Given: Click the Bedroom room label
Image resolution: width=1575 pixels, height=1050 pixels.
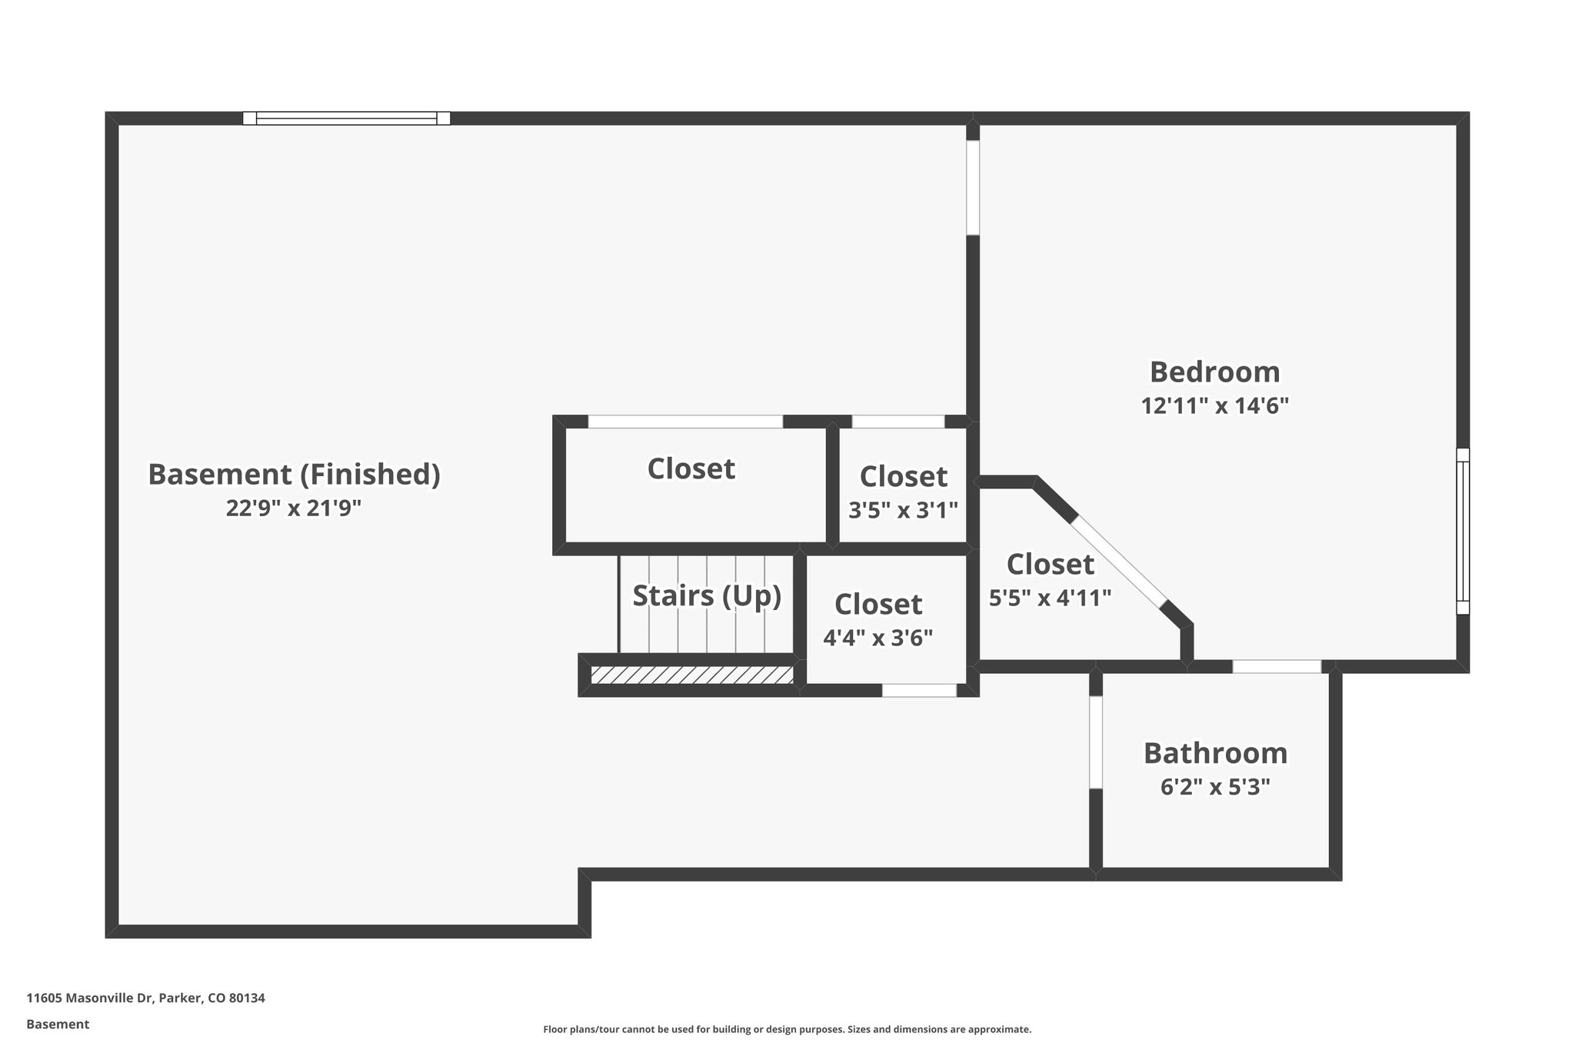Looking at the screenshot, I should pos(1214,372).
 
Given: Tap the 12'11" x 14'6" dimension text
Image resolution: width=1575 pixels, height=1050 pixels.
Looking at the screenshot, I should pos(1214,406).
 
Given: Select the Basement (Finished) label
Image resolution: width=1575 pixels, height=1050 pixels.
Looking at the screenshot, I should pos(294,475).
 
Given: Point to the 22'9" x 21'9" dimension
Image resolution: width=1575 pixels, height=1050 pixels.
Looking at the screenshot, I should pos(294,508).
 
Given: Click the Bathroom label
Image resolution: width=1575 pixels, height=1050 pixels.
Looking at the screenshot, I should pos(1215,753).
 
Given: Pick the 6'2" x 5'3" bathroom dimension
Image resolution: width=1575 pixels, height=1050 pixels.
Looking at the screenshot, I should pos(1215,788).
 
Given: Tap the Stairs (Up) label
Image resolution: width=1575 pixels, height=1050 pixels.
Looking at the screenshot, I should pos(707,595).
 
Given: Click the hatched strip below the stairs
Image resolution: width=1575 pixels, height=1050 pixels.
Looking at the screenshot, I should pos(691,675).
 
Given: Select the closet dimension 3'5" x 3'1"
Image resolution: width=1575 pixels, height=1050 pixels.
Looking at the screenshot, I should pos(903,510).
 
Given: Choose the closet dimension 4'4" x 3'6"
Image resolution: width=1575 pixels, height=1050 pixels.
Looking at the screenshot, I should pos(877,638).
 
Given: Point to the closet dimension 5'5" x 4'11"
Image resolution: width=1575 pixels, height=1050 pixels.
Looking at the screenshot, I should pos(1050,598).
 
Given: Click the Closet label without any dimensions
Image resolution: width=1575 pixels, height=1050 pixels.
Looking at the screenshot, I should pos(691,469).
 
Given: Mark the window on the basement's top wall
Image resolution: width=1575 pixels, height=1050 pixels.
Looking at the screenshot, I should pos(346,118).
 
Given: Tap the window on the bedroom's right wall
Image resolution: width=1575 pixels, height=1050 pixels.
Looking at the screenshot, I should pos(1463,531).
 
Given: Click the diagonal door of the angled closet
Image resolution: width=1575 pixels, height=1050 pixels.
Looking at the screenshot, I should pos(1119,562).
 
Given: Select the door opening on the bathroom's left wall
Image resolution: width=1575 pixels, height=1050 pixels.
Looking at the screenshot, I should pos(1096,742).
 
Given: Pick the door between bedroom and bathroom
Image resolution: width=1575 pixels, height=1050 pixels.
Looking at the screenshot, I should pos(1277,667).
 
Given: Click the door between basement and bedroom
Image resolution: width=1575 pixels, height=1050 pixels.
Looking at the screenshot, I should pos(973,188).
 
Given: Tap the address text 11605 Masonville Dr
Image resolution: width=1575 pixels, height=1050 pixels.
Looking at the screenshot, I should pos(145,998).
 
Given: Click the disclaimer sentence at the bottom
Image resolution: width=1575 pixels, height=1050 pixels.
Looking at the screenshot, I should pos(787,1029).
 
